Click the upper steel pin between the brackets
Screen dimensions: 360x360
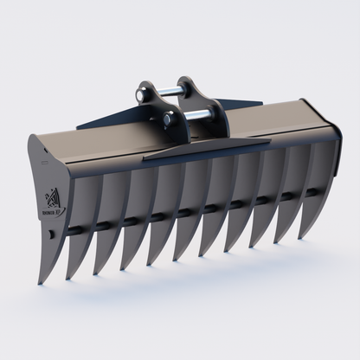[170, 87]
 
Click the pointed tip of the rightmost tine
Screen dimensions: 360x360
[302, 235]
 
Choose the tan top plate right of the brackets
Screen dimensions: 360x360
[268, 125]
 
